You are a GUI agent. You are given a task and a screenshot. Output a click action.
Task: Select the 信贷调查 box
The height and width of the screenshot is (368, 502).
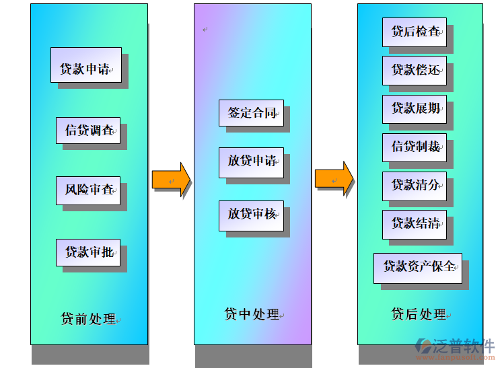pyautogui.click(x=88, y=130)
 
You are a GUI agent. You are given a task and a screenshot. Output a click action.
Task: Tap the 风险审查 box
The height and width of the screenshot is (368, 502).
pyautogui.click(x=88, y=190)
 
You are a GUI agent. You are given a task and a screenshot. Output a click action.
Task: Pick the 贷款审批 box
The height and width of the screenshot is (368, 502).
pyautogui.click(x=88, y=252)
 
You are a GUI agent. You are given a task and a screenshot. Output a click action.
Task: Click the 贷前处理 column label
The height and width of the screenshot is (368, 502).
pyautogui.click(x=89, y=319)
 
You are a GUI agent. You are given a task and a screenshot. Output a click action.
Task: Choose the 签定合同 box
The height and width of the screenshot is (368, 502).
pyautogui.click(x=251, y=113)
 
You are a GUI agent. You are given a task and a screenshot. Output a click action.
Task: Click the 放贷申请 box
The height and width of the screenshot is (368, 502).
pyautogui.click(x=251, y=161)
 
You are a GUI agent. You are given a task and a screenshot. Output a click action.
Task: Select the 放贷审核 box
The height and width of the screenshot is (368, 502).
pyautogui.click(x=251, y=215)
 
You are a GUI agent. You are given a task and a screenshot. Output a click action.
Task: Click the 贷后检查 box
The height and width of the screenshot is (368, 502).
pyautogui.click(x=415, y=32)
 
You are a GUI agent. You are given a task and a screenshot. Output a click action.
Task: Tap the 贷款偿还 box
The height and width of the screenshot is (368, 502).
pyautogui.click(x=415, y=70)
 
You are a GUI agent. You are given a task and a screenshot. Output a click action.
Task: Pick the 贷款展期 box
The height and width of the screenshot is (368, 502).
pyautogui.click(x=415, y=108)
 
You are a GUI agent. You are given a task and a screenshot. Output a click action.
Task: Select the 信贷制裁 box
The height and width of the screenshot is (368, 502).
pyautogui.click(x=415, y=147)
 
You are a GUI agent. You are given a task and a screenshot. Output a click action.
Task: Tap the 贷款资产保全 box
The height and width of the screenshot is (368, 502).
pyautogui.click(x=418, y=267)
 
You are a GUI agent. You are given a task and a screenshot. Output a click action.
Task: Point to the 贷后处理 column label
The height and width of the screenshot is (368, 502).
pyautogui.click(x=419, y=314)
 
